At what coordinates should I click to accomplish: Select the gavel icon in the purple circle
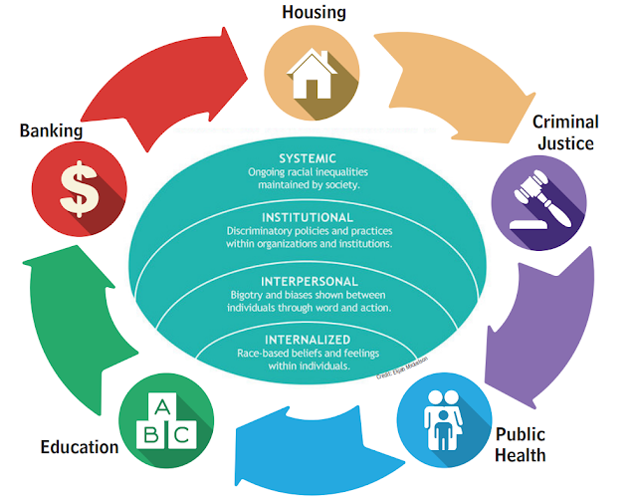pos(534,202)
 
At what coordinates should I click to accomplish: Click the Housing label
pos(314,12)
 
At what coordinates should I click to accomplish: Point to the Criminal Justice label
pos(565,132)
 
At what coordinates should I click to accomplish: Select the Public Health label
pos(520,446)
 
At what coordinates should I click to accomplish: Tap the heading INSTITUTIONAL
pos(308,217)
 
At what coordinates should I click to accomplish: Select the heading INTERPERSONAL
pos(308,281)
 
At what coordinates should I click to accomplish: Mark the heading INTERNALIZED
pos(308,340)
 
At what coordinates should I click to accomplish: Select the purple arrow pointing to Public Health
pos(553,319)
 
